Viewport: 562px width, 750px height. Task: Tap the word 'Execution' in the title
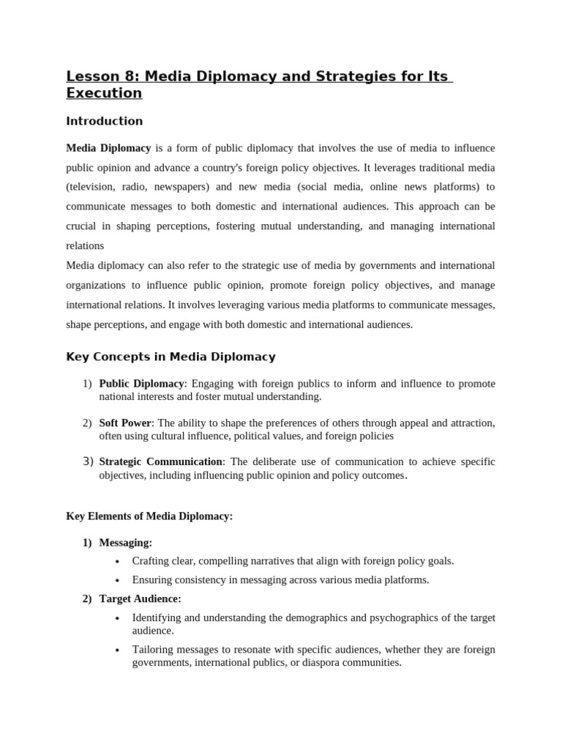point(104,93)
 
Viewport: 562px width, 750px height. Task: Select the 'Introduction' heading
point(105,121)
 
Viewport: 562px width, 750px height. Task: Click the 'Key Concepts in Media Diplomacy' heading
point(171,357)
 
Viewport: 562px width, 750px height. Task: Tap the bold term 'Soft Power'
point(125,423)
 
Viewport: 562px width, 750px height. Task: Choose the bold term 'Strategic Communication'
point(160,462)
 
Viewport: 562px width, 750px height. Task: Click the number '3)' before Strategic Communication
point(88,461)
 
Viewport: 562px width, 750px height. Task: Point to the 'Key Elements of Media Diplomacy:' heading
point(149,516)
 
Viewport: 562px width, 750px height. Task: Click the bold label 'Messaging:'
point(126,543)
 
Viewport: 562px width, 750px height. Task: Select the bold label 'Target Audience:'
point(140,598)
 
